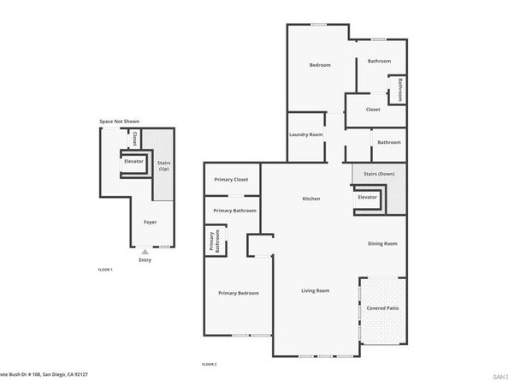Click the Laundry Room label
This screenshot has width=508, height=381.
point(305,135)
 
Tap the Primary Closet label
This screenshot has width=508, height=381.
point(231,180)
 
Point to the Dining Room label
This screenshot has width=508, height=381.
point(382,244)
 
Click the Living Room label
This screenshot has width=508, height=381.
point(315,291)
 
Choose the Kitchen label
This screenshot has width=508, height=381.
point(311,199)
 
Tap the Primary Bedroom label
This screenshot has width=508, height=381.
point(238,293)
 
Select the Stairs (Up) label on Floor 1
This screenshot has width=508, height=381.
point(163,165)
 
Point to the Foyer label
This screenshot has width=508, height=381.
point(150,222)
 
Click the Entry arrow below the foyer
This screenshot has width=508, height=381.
point(145,253)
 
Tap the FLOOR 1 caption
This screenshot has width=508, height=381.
point(105,270)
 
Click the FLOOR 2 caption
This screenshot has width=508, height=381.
point(209,365)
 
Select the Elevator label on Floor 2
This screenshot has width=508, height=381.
point(368,197)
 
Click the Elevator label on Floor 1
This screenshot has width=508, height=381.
point(133,161)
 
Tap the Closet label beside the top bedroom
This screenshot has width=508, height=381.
point(373,110)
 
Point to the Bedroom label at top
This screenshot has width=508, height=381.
point(320,65)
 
